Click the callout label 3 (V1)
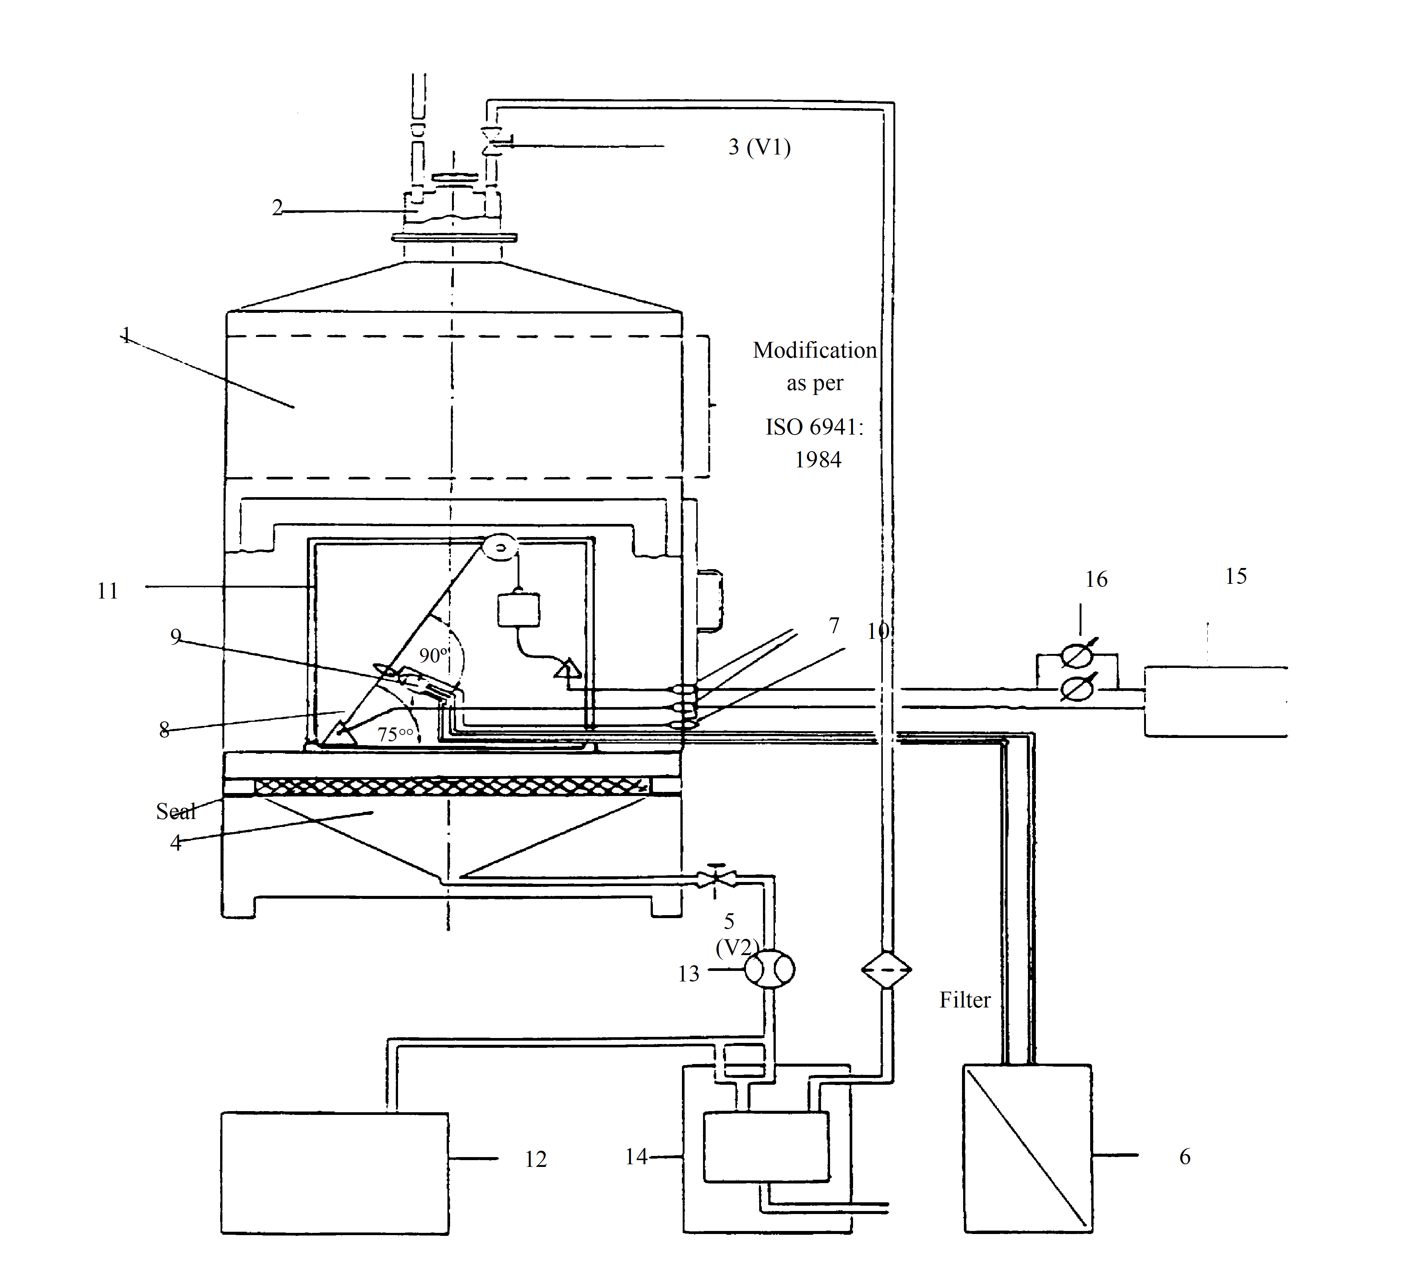point(760,147)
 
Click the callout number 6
point(1185,1156)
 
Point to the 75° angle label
point(395,734)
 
